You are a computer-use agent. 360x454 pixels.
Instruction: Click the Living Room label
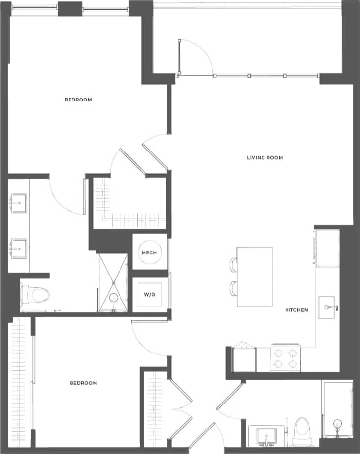pos(265,158)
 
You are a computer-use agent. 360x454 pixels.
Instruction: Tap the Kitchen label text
pos(297,310)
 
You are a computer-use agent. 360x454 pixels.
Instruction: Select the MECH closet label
pos(149,253)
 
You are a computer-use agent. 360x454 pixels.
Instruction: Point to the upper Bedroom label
pos(78,100)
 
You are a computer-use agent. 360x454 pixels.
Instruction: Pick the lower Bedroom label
pos(83,383)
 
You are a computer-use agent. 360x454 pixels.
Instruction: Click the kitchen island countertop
pos(255,277)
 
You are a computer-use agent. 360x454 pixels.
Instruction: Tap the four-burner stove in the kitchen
pos(286,358)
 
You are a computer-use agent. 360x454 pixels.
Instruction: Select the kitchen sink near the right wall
pos(328,308)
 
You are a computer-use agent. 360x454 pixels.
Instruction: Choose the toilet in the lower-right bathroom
pos(302,431)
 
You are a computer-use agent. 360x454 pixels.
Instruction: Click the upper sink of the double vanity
pos(19,202)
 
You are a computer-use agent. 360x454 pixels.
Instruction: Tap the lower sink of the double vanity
pos(19,248)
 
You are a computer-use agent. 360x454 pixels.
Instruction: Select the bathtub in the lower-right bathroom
pos(337,409)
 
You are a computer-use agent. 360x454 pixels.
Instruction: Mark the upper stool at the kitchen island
pos(233,265)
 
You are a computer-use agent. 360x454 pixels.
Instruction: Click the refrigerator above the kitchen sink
pos(327,248)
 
